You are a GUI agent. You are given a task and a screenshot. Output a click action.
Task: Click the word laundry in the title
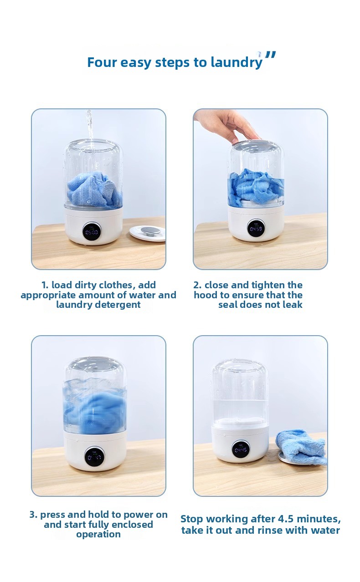[x=236, y=63]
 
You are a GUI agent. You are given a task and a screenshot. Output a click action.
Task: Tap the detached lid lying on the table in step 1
[x=147, y=234]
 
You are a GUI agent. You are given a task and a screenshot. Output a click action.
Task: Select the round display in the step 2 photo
[x=256, y=228]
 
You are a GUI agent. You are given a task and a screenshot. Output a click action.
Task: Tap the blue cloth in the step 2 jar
[x=256, y=186]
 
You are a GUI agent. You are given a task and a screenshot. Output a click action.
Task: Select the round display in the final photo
[x=241, y=449]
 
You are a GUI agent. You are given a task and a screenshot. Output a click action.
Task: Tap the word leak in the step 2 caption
[x=293, y=304]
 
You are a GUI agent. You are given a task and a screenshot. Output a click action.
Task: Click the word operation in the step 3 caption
[x=98, y=534]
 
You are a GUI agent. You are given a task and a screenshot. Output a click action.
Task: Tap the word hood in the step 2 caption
[x=206, y=295]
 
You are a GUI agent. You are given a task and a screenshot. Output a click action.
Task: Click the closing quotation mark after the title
[x=270, y=56]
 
